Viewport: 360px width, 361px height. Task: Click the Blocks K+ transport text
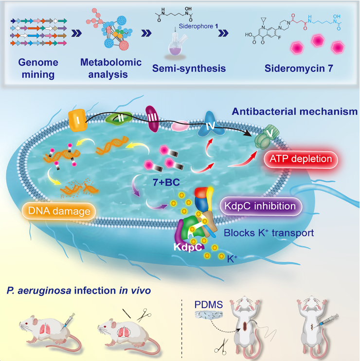pyautogui.click(x=269, y=233)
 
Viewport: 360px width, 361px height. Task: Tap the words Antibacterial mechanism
pyautogui.click(x=295, y=112)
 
